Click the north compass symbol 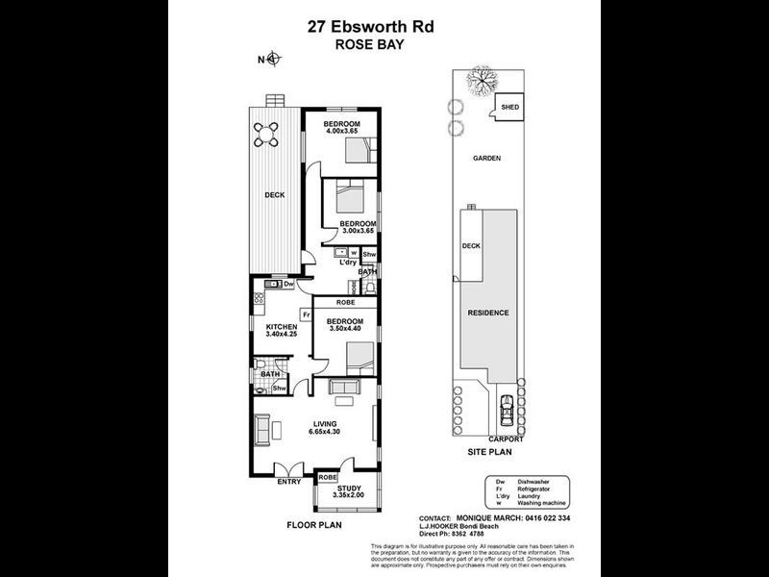272,60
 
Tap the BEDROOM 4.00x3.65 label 341,129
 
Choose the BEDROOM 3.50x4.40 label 344,325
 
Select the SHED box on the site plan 509,108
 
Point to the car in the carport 507,414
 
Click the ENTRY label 288,482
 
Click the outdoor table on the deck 271,129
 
